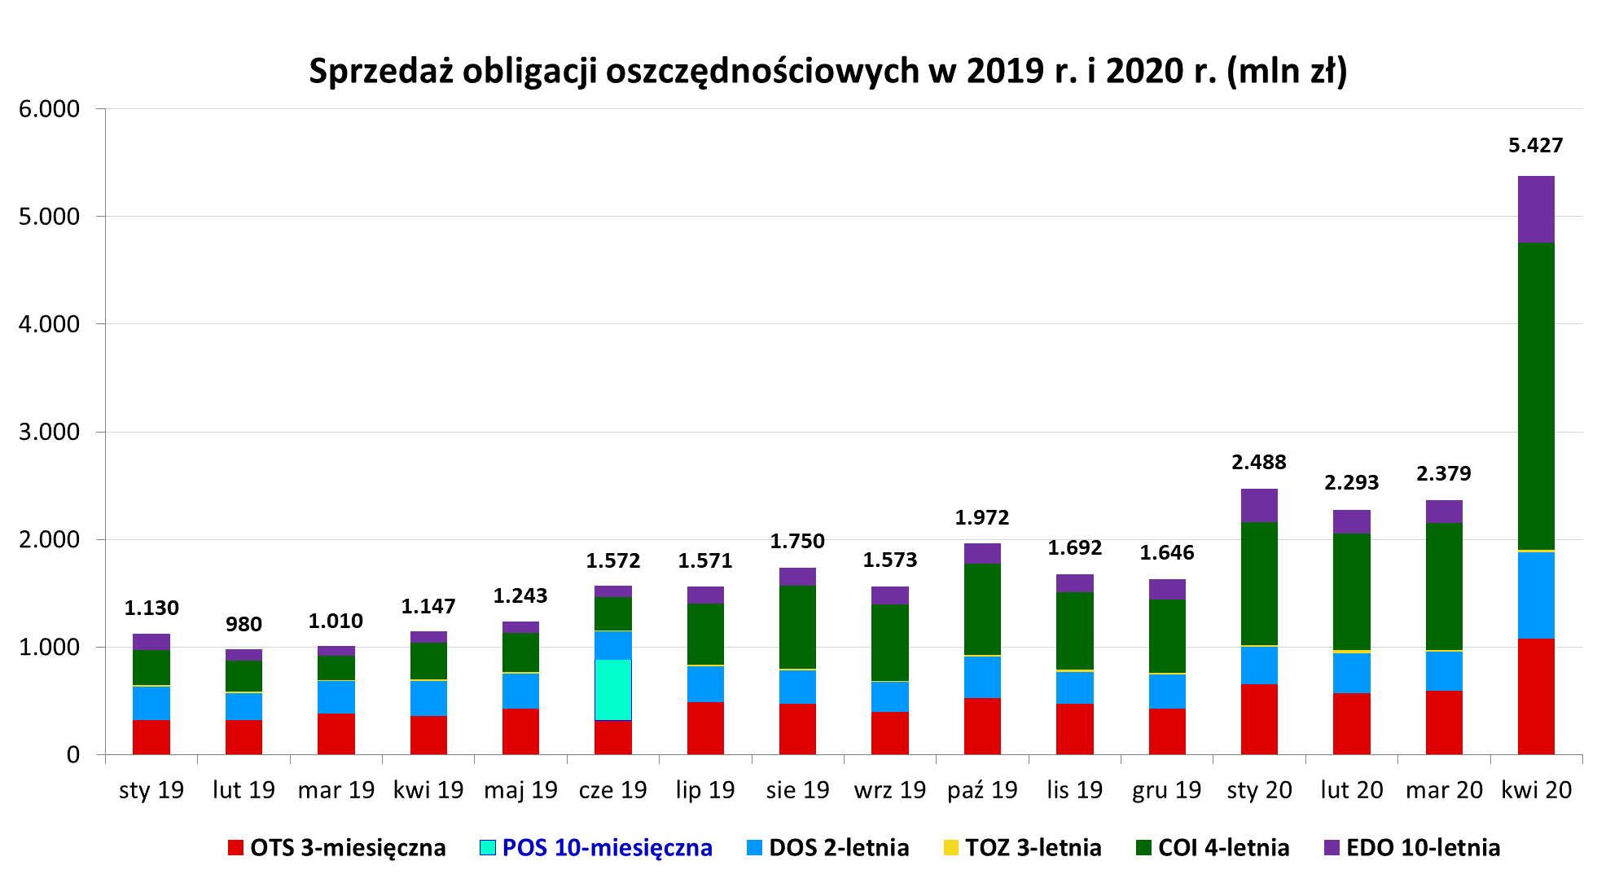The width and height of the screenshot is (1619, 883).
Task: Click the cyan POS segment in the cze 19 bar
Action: click(x=613, y=689)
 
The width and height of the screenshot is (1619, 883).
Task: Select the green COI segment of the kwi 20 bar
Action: click(x=1536, y=396)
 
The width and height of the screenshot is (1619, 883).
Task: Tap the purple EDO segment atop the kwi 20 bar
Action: click(x=1536, y=209)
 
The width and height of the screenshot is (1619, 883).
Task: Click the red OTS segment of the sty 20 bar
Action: click(x=1259, y=718)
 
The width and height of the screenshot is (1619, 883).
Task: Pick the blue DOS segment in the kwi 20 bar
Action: click(x=1536, y=595)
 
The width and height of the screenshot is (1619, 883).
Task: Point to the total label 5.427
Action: click(x=1536, y=146)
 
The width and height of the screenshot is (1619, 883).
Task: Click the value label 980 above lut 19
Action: click(x=244, y=625)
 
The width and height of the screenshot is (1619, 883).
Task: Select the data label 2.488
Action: click(x=1258, y=463)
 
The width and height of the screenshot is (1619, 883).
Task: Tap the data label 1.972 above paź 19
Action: click(x=981, y=518)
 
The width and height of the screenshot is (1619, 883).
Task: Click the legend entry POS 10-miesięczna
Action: click(x=607, y=848)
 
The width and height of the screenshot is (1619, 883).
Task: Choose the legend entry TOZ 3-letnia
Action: click(x=1033, y=848)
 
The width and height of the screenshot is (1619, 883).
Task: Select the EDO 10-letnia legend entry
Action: click(x=1422, y=848)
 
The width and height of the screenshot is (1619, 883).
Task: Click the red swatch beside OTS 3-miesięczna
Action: click(x=235, y=848)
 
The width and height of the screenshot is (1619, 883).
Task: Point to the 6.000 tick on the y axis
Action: click(x=49, y=109)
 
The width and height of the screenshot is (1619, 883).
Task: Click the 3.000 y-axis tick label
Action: click(x=49, y=432)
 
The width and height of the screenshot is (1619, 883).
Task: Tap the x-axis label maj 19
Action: click(x=520, y=790)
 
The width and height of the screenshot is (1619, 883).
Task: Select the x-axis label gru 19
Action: click(x=1166, y=790)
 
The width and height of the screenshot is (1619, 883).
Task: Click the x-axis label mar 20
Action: click(x=1444, y=790)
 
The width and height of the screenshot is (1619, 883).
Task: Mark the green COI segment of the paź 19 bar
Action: click(x=982, y=608)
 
